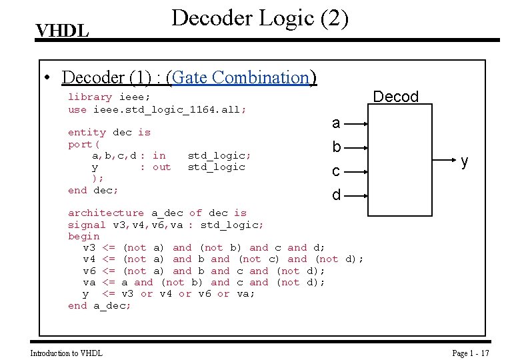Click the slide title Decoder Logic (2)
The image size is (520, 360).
pyautogui.click(x=260, y=18)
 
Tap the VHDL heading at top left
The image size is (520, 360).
pyautogui.click(x=63, y=31)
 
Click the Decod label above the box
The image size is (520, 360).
pyautogui.click(x=395, y=97)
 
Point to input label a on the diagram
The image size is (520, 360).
pyautogui.click(x=336, y=123)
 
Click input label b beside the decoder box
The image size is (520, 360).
pyautogui.click(x=336, y=147)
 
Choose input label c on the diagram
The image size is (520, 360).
pyautogui.click(x=336, y=171)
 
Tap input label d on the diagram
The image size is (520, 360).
pyautogui.click(x=336, y=195)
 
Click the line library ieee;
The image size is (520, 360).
pyautogui.click(x=109, y=97)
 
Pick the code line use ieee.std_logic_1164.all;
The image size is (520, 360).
pyautogui.click(x=157, y=109)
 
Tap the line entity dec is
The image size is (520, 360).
pyautogui.click(x=109, y=132)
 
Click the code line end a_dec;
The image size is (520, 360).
pyautogui.click(x=100, y=305)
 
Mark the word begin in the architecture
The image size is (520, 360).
pyautogui.click(x=84, y=236)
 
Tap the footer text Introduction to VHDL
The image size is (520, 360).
pyautogui.click(x=67, y=353)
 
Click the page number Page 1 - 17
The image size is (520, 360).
pyautogui.click(x=471, y=353)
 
